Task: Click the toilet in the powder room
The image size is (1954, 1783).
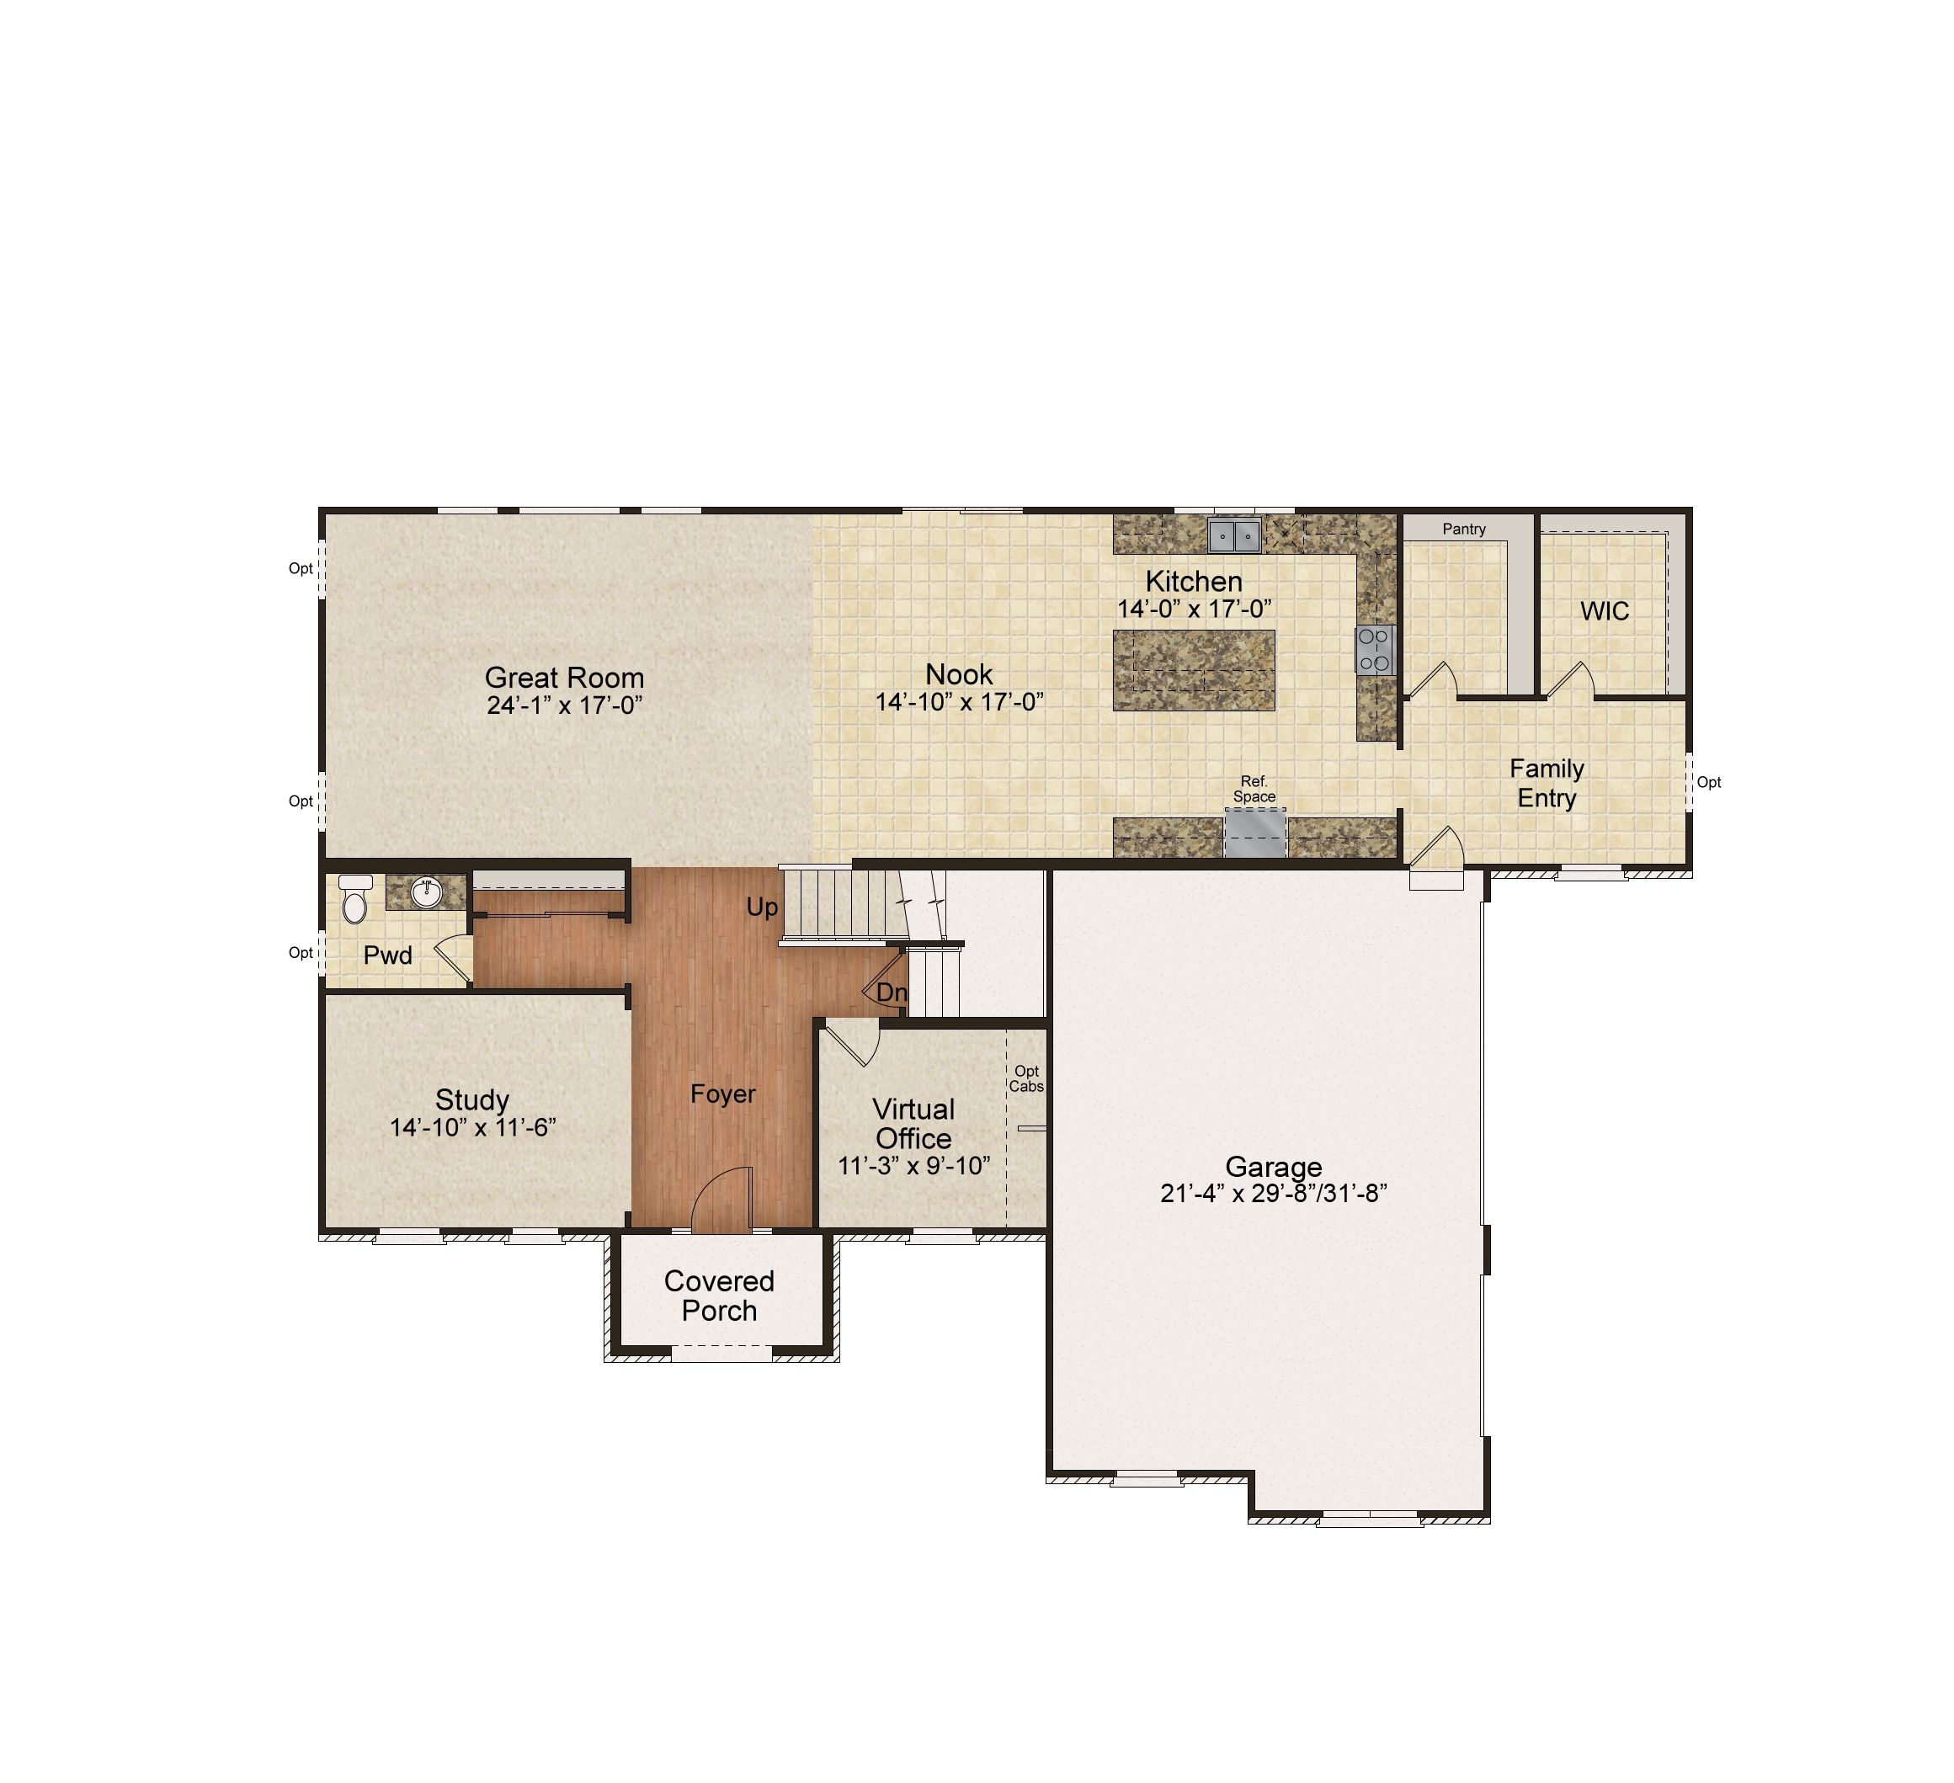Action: point(354,898)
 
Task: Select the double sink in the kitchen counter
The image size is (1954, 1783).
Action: point(1234,535)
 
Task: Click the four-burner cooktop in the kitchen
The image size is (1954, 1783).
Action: point(1375,650)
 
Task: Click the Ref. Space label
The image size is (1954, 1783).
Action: point(1254,789)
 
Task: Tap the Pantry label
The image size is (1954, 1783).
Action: point(1463,529)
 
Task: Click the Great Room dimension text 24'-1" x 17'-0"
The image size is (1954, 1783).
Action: point(564,705)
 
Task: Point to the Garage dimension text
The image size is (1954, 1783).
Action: point(1274,1193)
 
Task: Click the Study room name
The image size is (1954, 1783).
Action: point(472,1099)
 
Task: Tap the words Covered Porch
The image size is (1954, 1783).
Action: point(719,1296)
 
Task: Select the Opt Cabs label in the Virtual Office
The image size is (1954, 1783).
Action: point(1026,1078)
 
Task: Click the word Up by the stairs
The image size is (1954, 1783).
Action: point(762,907)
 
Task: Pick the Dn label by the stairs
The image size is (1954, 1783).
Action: point(892,993)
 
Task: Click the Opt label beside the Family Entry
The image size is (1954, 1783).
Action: point(1709,782)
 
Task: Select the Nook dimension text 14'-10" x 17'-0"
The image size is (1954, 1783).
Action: point(960,701)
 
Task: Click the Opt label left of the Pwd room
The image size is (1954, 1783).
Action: point(301,953)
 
